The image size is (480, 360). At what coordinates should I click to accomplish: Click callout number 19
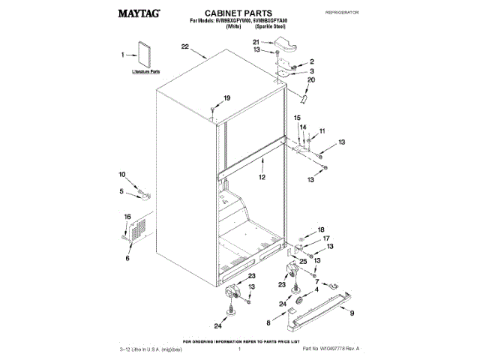click(x=227, y=97)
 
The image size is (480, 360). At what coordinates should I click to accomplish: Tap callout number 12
click(x=262, y=178)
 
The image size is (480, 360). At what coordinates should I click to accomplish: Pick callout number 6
click(x=127, y=258)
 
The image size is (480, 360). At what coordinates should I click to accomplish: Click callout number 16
click(x=127, y=217)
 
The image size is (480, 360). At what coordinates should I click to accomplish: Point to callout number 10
click(x=123, y=175)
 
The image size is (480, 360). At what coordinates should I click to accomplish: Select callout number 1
click(x=124, y=55)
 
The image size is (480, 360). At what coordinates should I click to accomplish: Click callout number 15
click(x=295, y=118)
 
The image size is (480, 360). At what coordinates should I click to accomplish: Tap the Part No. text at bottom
click(x=330, y=349)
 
